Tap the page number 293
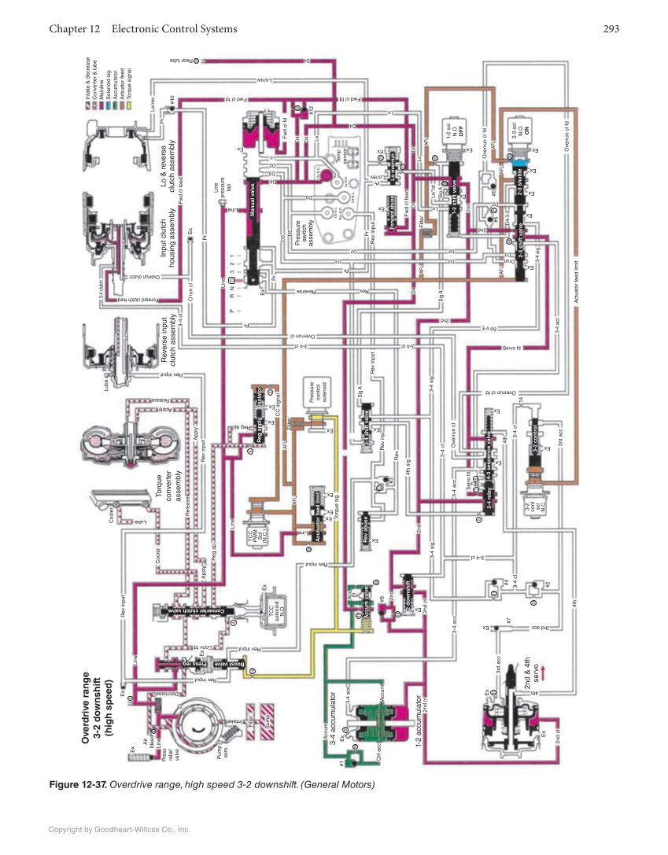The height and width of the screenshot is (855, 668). click(611, 29)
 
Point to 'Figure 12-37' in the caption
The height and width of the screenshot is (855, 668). click(78, 784)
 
